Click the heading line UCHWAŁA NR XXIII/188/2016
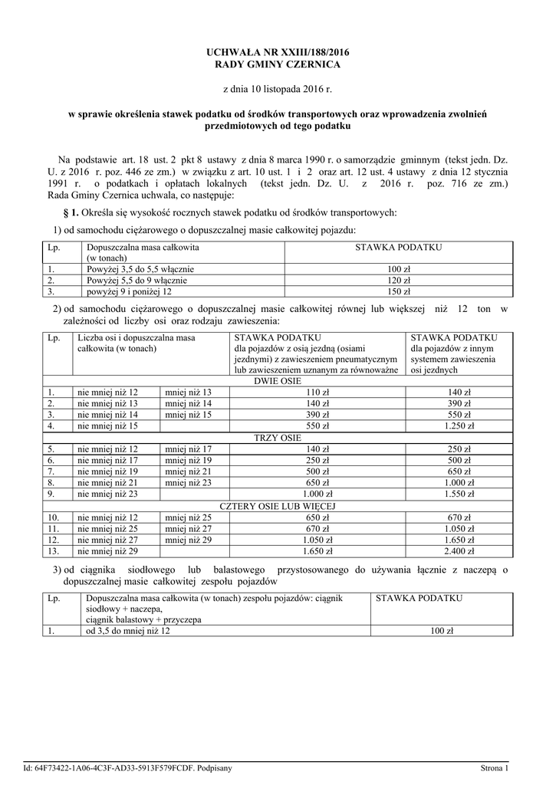pos(278,51)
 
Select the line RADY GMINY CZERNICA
pos(278,64)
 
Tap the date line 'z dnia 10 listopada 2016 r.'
pos(278,90)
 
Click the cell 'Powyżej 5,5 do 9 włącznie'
pos(140,281)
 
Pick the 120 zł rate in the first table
pos(398,281)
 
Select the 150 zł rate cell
pos(398,291)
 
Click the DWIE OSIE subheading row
pos(278,381)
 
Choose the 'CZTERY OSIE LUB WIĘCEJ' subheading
pos(278,507)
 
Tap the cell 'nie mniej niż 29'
pos(107,551)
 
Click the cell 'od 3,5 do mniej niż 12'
pos(128,632)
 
